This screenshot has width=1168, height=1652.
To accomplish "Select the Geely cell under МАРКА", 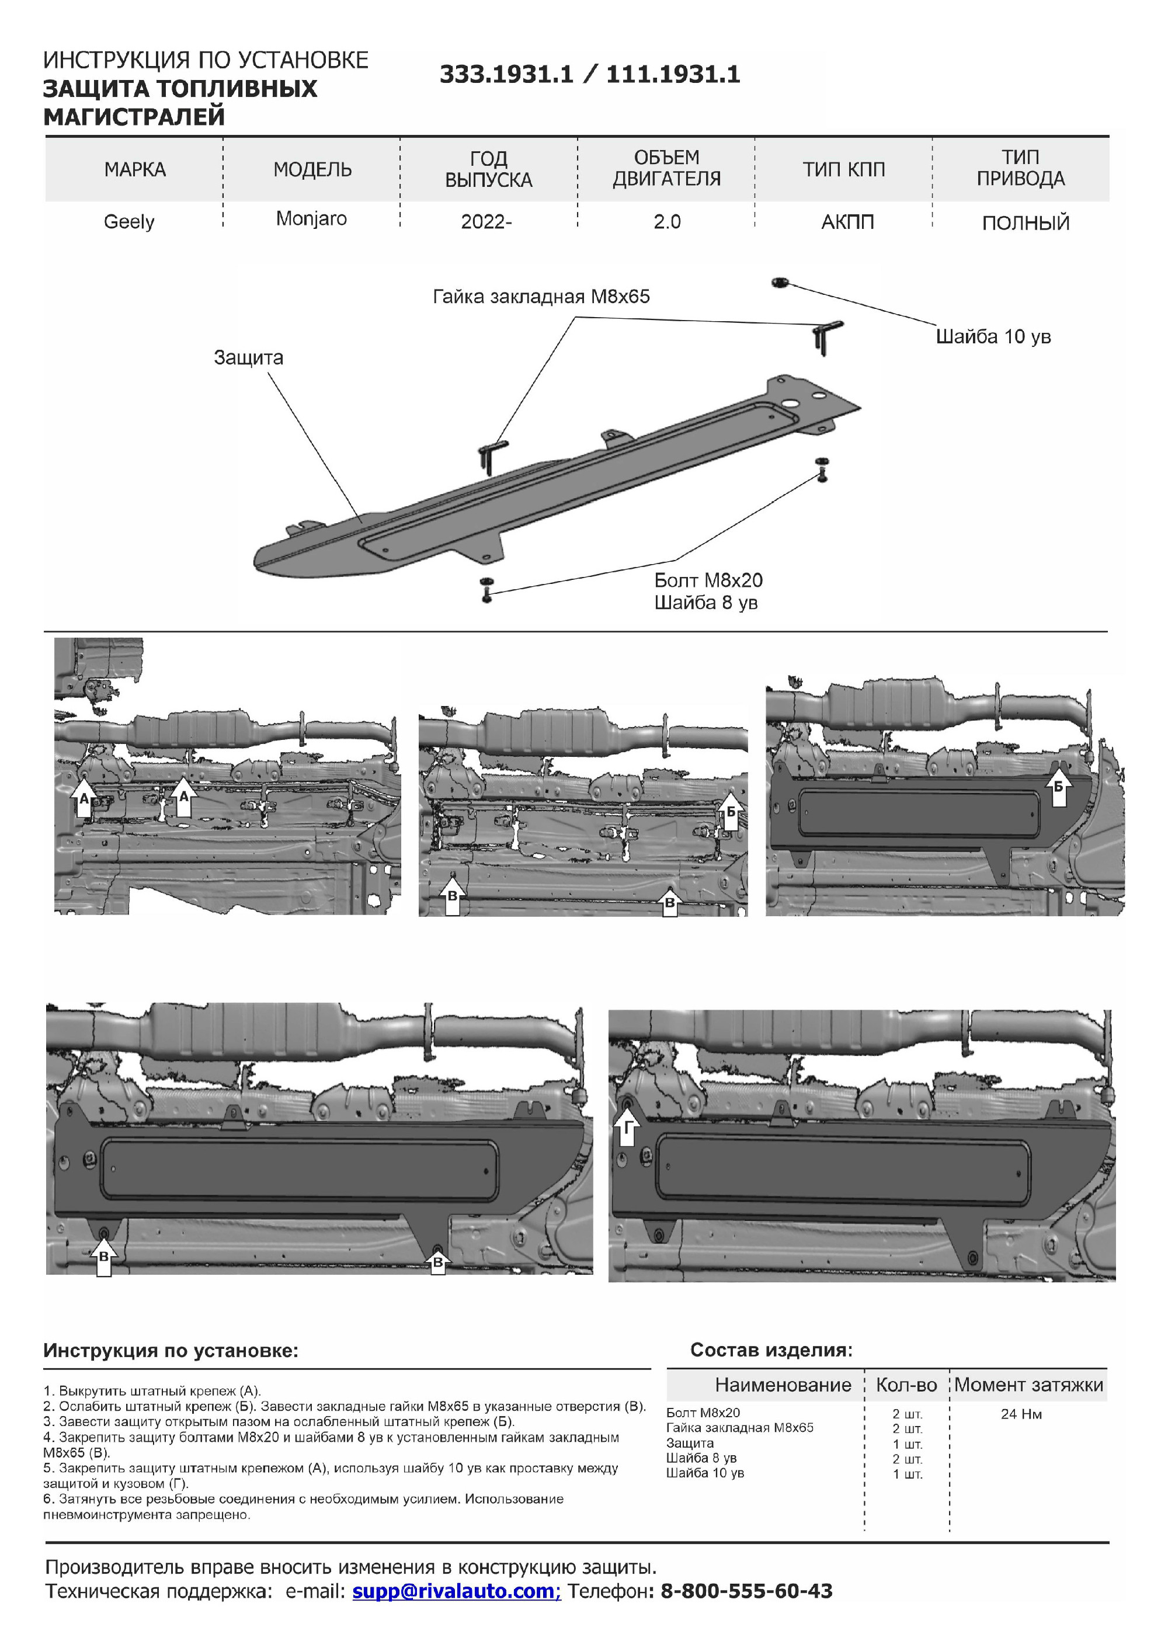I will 129,222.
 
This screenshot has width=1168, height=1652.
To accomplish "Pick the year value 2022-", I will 486,222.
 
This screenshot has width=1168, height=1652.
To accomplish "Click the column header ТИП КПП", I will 843,170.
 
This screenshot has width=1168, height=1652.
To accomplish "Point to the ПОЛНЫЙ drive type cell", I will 1026,223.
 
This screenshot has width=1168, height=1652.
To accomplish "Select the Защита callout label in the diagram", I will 248,357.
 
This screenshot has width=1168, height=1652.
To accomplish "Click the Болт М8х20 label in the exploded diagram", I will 708,580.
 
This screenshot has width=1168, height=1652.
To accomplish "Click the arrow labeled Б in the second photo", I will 731,812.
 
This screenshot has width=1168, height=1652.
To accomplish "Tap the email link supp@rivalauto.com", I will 456,1591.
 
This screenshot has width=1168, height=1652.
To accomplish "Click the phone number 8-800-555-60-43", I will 746,1591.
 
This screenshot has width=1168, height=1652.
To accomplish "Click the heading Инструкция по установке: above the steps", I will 171,1351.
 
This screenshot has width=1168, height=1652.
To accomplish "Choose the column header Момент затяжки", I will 1028,1385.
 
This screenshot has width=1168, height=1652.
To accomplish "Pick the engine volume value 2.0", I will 666,222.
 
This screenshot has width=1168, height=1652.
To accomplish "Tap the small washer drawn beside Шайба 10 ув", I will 777,282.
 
